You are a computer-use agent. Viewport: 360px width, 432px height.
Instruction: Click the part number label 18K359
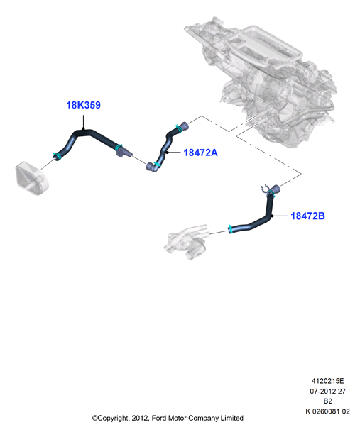pos(83,105)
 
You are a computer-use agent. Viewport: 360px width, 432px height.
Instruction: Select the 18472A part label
pos(200,153)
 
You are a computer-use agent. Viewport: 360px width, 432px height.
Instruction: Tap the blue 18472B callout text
pos(307,216)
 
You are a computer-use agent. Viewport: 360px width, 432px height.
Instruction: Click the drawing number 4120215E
pos(327,381)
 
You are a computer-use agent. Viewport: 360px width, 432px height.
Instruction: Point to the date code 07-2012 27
pos(327,392)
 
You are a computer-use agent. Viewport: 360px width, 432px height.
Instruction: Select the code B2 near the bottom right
pos(328,401)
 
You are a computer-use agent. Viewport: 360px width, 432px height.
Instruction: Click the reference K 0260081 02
pos(327,411)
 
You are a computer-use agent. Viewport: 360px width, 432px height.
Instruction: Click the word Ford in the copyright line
pos(159,418)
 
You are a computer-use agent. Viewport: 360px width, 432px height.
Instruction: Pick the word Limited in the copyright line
pos(231,418)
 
